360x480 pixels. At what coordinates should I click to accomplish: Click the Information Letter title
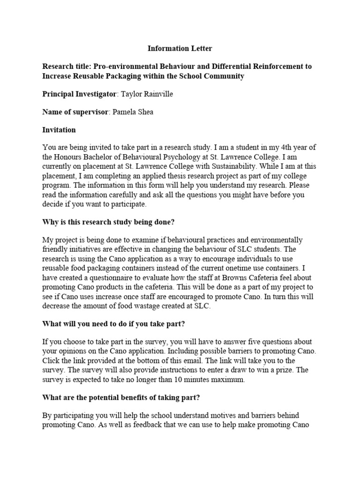[x=180, y=48]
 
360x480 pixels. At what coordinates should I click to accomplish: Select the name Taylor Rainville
[x=147, y=94]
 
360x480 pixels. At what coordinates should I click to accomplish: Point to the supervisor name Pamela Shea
[x=136, y=112]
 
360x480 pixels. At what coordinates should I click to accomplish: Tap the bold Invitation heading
[x=59, y=130]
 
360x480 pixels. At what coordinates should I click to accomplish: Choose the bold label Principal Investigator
[x=79, y=94]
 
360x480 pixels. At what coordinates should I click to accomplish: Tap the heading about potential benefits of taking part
[x=121, y=398]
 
